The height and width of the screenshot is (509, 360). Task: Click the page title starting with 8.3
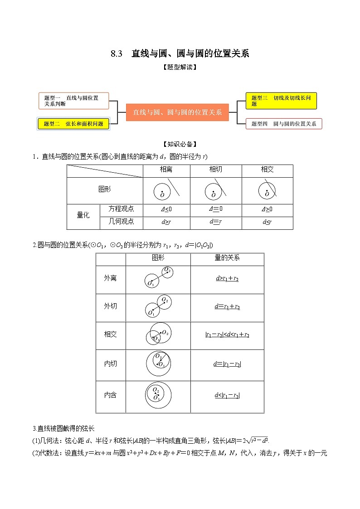pyautogui.click(x=180, y=53)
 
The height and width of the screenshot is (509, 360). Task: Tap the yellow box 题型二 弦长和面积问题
pyautogui.click(x=73, y=123)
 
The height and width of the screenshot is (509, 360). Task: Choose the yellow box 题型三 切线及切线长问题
pyautogui.click(x=281, y=101)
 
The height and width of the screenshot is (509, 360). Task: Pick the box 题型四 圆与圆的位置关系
pyautogui.click(x=284, y=124)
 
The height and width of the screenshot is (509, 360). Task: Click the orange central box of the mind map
pyautogui.click(x=177, y=112)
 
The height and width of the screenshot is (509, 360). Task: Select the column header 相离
pyautogui.click(x=166, y=170)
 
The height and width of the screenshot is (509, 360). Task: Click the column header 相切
pyautogui.click(x=216, y=170)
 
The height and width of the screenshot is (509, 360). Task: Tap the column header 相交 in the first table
pyautogui.click(x=267, y=170)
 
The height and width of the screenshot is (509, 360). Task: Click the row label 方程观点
pyautogui.click(x=121, y=209)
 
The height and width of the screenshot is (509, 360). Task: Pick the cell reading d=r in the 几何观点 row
pyautogui.click(x=215, y=222)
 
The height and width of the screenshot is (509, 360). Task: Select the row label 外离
pyautogui.click(x=110, y=278)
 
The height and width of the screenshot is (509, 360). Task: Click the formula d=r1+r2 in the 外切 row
pyautogui.click(x=227, y=307)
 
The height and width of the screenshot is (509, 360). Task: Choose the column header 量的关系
pyautogui.click(x=227, y=258)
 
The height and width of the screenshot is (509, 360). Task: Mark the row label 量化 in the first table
pyautogui.click(x=83, y=216)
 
